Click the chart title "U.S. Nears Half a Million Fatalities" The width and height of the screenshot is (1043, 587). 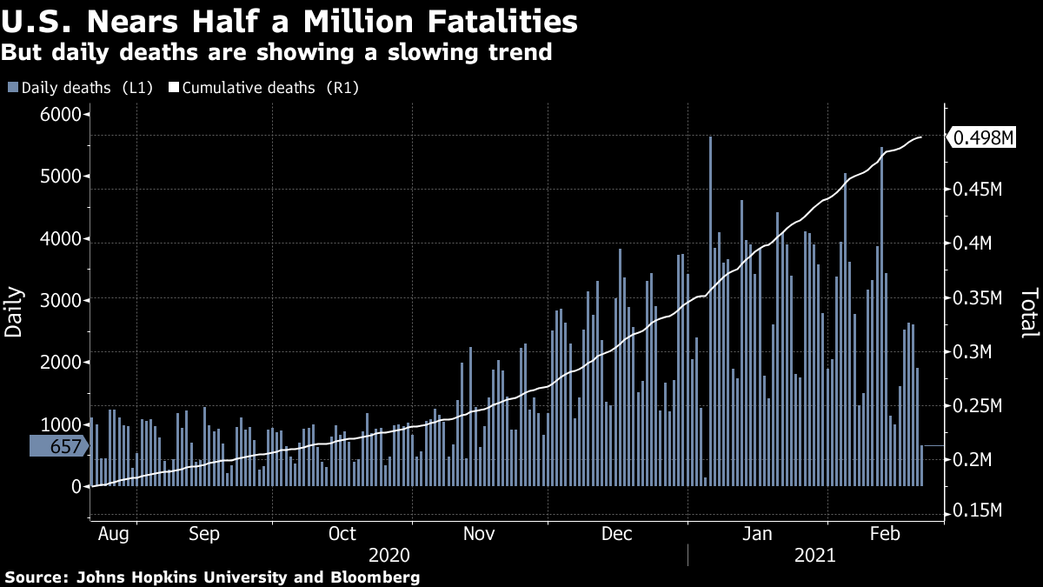click(290, 21)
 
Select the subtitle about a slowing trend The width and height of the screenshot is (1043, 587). click(276, 53)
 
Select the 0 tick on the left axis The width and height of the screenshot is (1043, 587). click(76, 486)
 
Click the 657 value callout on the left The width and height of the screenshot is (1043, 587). click(60, 447)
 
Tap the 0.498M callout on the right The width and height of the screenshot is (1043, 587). click(983, 137)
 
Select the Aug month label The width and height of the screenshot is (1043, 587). click(113, 532)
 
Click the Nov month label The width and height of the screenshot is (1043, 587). click(479, 532)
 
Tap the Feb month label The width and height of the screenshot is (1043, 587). click(884, 532)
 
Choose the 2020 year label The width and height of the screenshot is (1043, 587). click(389, 555)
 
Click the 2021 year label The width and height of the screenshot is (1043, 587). click(814, 555)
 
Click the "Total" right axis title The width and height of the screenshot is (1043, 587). click(1029, 312)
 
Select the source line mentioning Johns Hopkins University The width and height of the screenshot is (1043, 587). click(213, 577)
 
